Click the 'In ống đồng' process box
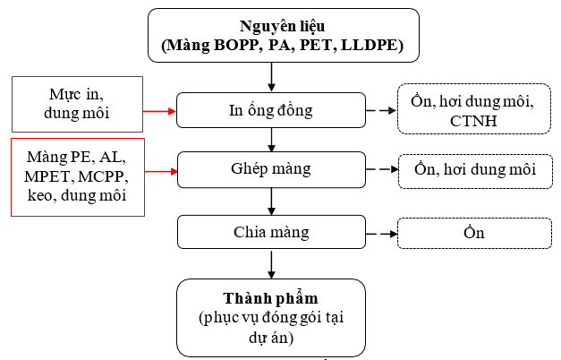(271, 110)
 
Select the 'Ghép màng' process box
(271, 169)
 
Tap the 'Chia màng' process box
(271, 232)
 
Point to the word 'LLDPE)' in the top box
(372, 46)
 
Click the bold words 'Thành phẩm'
(270, 299)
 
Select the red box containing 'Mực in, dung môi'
(77, 104)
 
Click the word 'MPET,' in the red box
(47, 176)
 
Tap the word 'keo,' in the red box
(42, 196)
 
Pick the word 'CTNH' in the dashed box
(473, 121)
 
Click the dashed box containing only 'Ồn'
(474, 233)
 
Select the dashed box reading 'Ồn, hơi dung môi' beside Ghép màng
(475, 171)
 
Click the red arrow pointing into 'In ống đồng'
(159, 111)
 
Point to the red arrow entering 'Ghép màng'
(161, 172)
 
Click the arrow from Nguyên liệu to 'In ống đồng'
(271, 77)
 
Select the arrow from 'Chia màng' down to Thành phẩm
(271, 264)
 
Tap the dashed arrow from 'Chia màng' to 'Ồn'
(381, 234)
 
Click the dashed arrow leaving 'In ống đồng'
(381, 111)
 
